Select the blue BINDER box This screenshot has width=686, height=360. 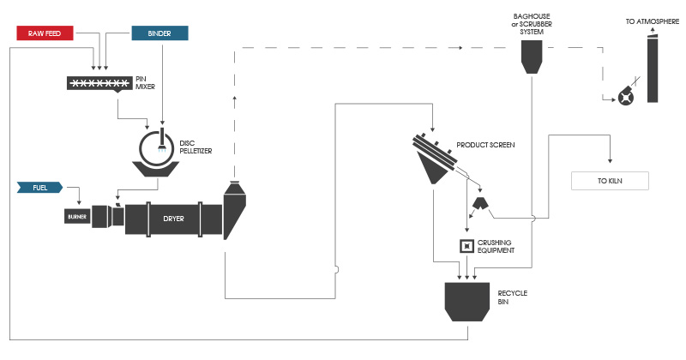(x=159, y=33)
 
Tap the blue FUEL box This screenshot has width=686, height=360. (x=40, y=186)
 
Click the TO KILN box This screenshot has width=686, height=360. (x=610, y=181)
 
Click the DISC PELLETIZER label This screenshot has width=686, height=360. (x=196, y=147)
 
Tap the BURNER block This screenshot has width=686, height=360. (x=76, y=217)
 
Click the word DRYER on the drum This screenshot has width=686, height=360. (x=174, y=218)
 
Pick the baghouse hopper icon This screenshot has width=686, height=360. (x=531, y=57)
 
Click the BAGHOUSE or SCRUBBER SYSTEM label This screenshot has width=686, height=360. (x=531, y=24)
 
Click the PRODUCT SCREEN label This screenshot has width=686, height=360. (x=485, y=146)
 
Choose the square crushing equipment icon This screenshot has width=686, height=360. (x=466, y=247)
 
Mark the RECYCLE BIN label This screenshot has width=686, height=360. (x=512, y=297)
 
